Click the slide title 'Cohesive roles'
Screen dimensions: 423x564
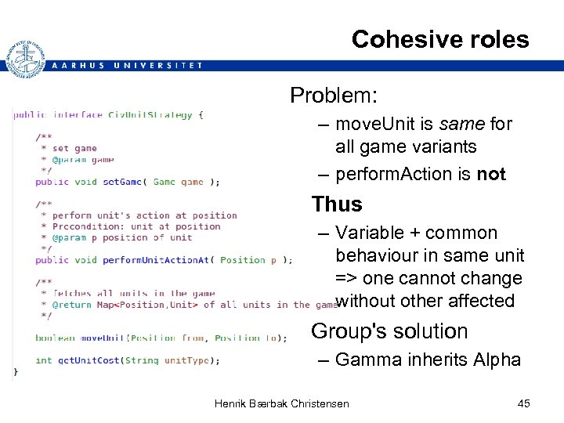click(x=440, y=39)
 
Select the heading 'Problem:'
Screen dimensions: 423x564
click(x=334, y=96)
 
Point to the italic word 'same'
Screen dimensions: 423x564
click(x=461, y=124)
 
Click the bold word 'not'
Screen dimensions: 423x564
click(x=491, y=174)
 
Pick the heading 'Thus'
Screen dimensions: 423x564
click(x=337, y=204)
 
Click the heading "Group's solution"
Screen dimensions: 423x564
click(x=389, y=331)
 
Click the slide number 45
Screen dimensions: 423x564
click(x=524, y=403)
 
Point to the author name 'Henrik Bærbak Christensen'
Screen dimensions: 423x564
click(x=282, y=403)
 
